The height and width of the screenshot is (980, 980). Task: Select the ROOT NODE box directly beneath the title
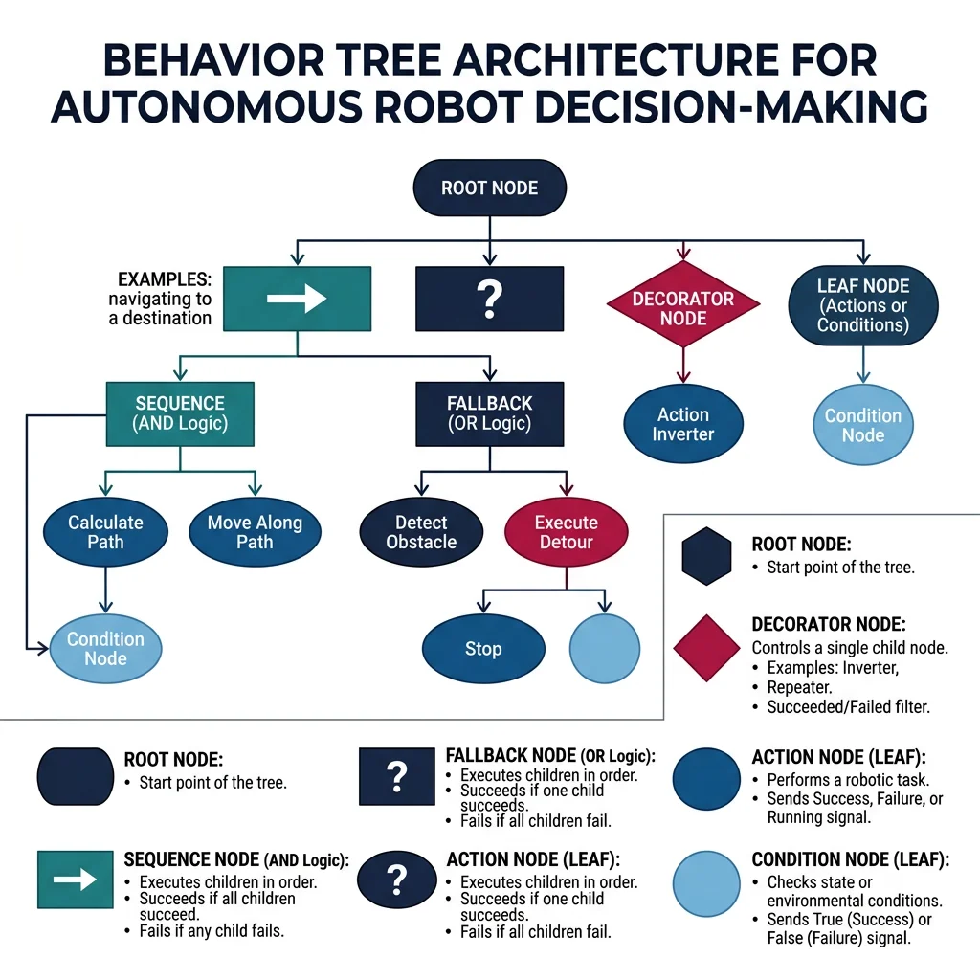point(489,189)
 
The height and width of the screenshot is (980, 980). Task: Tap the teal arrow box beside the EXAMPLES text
point(297,299)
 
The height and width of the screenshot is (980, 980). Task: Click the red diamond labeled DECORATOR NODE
point(683,307)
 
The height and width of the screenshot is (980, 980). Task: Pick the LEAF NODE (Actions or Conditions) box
point(862,305)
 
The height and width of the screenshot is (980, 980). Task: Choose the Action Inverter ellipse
point(683,425)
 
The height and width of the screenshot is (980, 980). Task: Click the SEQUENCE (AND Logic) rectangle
point(180,413)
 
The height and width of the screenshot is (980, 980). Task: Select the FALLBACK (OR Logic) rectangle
point(489,413)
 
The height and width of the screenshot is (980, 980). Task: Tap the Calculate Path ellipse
point(105,532)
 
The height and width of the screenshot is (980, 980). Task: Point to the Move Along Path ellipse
point(255,532)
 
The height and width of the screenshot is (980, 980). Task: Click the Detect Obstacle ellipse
point(421,532)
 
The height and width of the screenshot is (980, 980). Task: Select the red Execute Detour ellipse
point(567,532)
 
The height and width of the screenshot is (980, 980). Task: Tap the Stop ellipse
point(483,649)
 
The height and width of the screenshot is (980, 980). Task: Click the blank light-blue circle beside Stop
point(604,649)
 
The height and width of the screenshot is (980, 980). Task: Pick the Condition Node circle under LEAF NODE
point(862,425)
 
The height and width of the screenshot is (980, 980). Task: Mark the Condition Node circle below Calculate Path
point(105,648)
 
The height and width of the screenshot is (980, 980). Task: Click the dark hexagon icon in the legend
point(708,555)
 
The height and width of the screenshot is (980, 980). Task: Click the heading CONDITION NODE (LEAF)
point(850,860)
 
